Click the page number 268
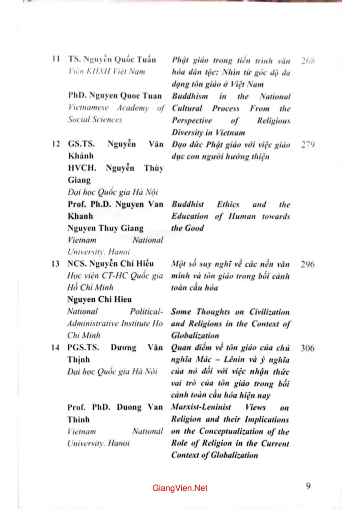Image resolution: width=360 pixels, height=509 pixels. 308,61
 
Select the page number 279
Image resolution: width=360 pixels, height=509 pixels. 308,145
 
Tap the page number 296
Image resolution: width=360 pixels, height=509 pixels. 308,265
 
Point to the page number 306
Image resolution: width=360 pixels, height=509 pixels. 308,349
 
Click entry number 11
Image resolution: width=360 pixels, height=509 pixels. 57,60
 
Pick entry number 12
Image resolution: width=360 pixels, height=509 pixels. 57,145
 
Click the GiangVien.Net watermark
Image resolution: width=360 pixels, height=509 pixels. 180,488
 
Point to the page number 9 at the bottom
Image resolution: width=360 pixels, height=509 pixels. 309,486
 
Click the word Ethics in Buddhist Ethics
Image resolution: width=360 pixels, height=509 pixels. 228,205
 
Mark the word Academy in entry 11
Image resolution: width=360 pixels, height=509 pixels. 132,108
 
